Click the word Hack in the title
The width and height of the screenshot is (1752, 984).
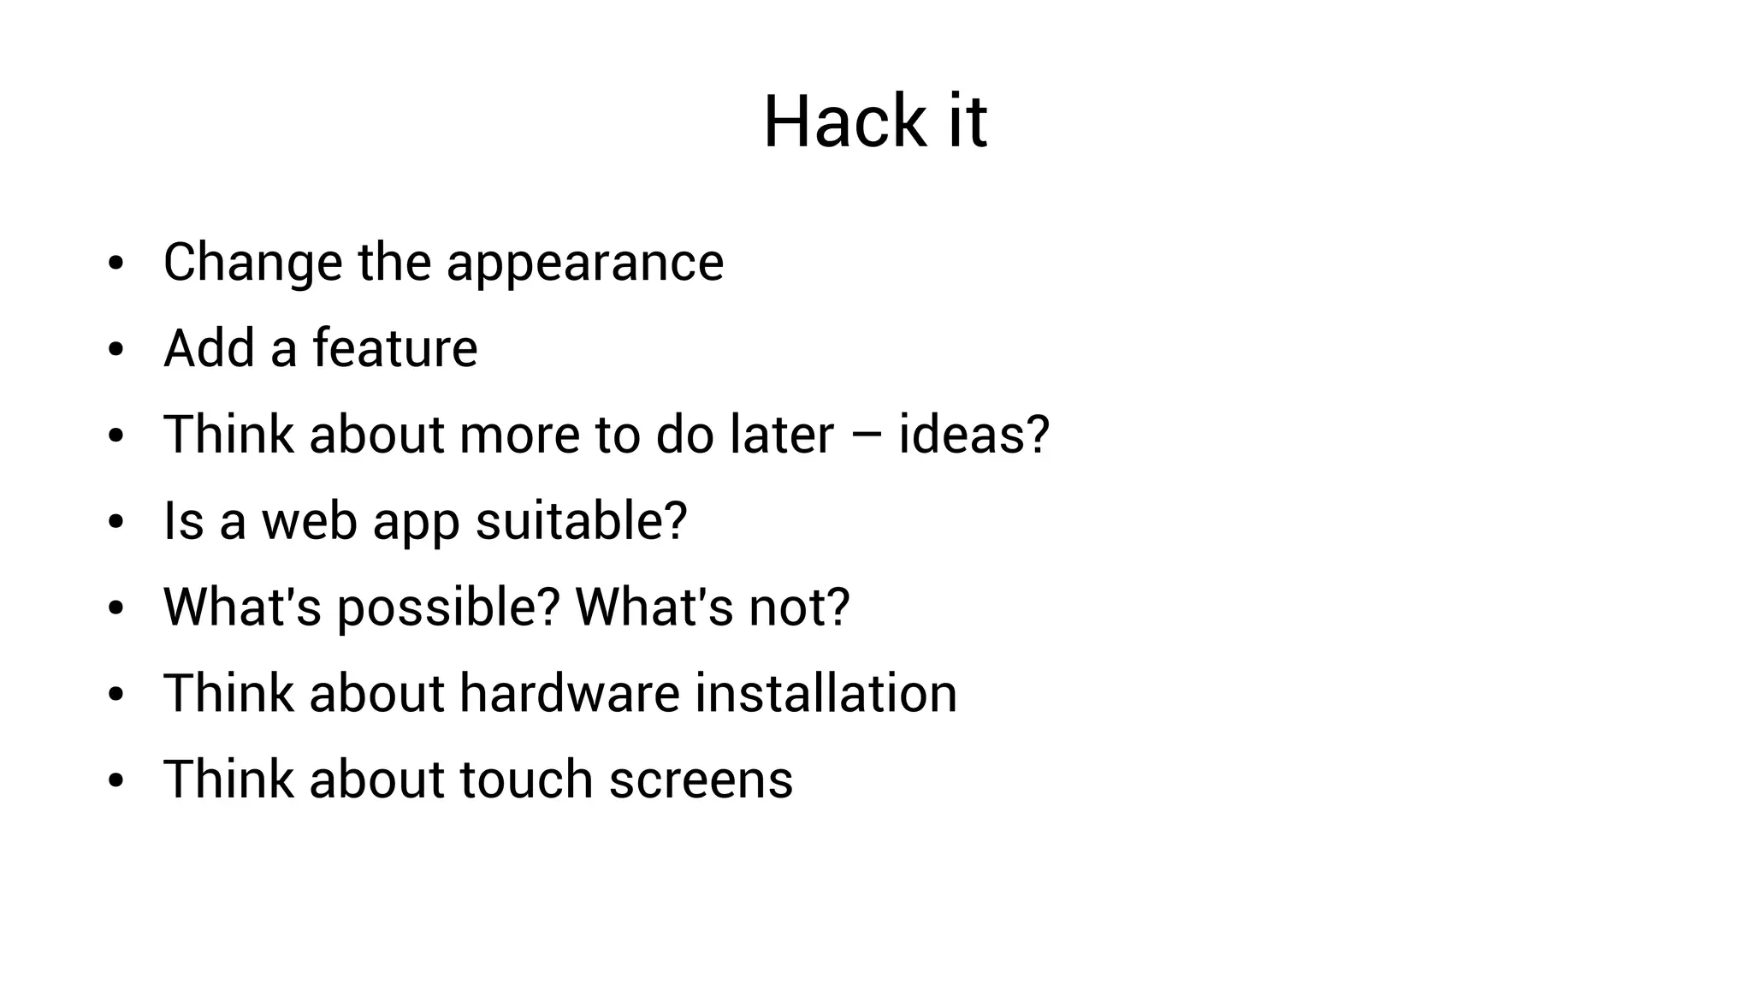point(844,122)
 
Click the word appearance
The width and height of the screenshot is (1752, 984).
point(585,263)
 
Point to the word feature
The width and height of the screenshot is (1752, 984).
point(394,348)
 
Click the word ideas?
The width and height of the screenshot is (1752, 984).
point(974,435)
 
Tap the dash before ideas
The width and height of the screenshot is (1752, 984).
point(866,436)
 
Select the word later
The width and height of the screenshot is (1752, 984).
point(781,435)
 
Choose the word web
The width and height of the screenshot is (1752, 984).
point(309,521)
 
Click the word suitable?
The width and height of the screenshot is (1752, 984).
point(581,521)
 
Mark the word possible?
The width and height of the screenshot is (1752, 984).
point(448,608)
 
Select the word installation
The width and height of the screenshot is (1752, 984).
point(826,693)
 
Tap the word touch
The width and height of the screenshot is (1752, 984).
point(526,779)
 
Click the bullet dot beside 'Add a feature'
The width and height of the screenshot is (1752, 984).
point(116,350)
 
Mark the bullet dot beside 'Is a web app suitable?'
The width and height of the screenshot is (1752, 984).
point(116,522)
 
